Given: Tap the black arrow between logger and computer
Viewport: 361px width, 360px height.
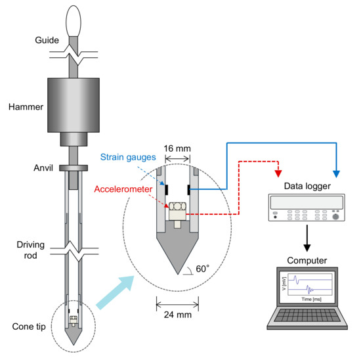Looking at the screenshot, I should (307, 238).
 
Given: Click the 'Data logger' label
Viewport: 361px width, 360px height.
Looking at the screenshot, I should (307, 187).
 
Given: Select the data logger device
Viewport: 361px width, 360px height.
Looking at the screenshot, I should (307, 211).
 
